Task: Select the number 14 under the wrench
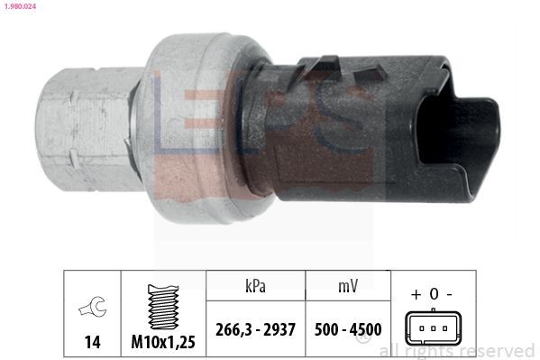click(x=91, y=342)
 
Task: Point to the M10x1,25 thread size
click(x=162, y=342)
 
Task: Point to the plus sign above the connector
click(x=416, y=294)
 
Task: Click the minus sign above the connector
click(x=449, y=294)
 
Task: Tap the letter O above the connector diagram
click(x=433, y=294)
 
